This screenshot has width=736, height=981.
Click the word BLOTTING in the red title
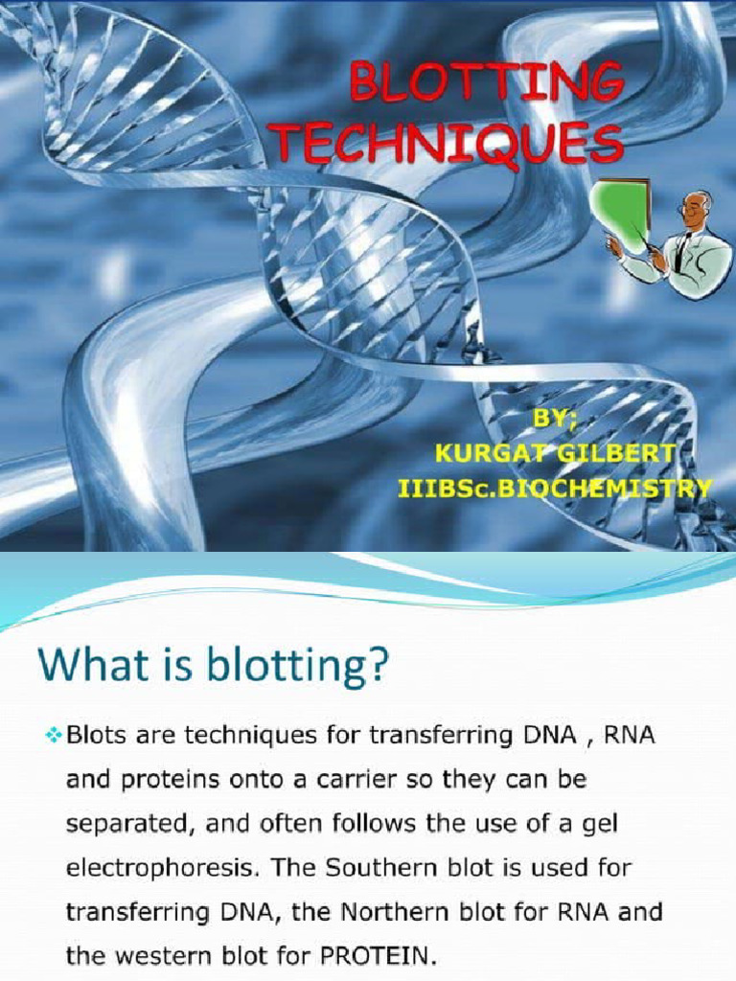tap(487, 83)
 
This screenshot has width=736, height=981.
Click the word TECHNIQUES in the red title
tap(448, 146)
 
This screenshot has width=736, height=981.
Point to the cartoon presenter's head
tap(696, 209)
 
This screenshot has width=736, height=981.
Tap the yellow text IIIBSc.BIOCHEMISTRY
tap(555, 489)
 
